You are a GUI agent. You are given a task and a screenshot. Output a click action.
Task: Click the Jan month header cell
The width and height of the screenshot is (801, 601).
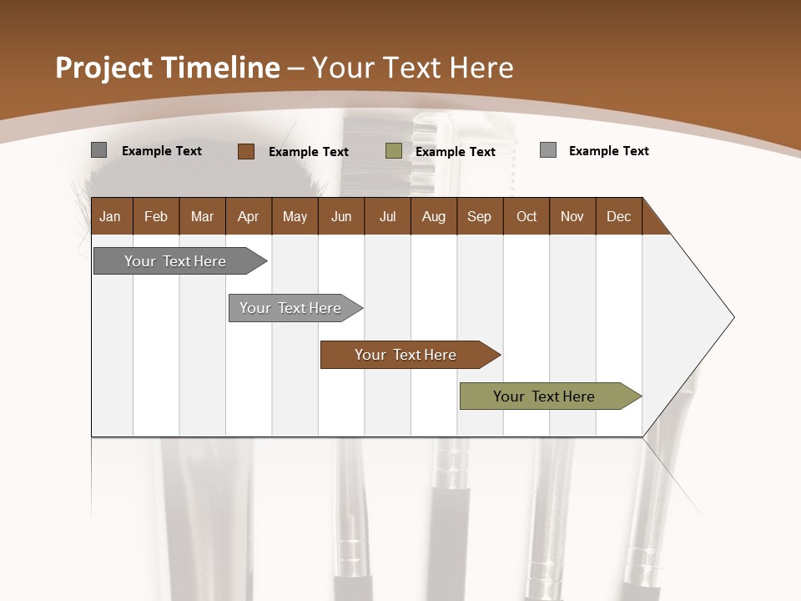click(111, 216)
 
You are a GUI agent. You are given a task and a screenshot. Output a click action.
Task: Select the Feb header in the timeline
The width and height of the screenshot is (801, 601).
click(156, 216)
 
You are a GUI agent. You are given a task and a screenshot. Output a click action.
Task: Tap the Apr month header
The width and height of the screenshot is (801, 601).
click(249, 216)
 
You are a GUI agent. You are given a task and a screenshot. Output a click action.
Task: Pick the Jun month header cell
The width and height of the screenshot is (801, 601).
click(341, 216)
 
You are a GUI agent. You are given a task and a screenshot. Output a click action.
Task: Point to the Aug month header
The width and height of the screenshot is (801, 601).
click(434, 216)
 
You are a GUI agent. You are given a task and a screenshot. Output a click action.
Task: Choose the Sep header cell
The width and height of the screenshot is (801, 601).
click(480, 216)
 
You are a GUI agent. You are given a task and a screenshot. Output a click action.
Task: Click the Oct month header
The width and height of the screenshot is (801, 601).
click(526, 216)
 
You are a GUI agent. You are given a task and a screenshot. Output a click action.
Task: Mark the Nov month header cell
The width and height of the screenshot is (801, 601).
click(572, 216)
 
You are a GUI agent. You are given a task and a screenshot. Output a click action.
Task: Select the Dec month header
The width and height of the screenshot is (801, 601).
click(619, 216)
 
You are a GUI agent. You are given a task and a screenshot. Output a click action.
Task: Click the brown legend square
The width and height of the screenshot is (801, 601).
click(246, 151)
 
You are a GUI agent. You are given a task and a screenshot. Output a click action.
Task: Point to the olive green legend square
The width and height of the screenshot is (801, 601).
click(394, 151)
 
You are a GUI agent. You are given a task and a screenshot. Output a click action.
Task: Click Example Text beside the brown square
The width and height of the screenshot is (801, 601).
click(309, 152)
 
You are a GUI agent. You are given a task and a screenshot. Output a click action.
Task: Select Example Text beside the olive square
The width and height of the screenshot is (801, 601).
click(456, 152)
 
